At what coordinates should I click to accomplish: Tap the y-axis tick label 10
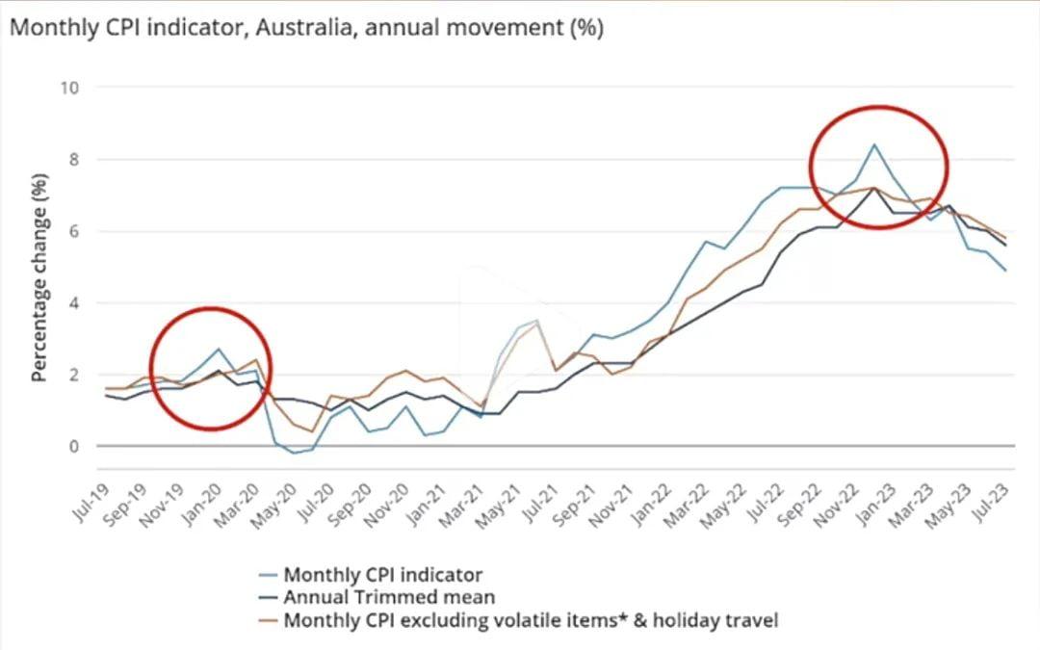coord(69,88)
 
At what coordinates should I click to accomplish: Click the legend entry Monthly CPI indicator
coord(382,575)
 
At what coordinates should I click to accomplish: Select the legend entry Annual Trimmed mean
coord(389,597)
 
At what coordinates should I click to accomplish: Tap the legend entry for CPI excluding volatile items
coord(530,620)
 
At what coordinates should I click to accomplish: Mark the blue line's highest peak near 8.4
coord(873,144)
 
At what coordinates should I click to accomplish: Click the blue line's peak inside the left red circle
coord(219,349)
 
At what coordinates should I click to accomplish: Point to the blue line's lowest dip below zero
coord(294,453)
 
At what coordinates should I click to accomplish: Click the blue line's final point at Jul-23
coord(1005,271)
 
